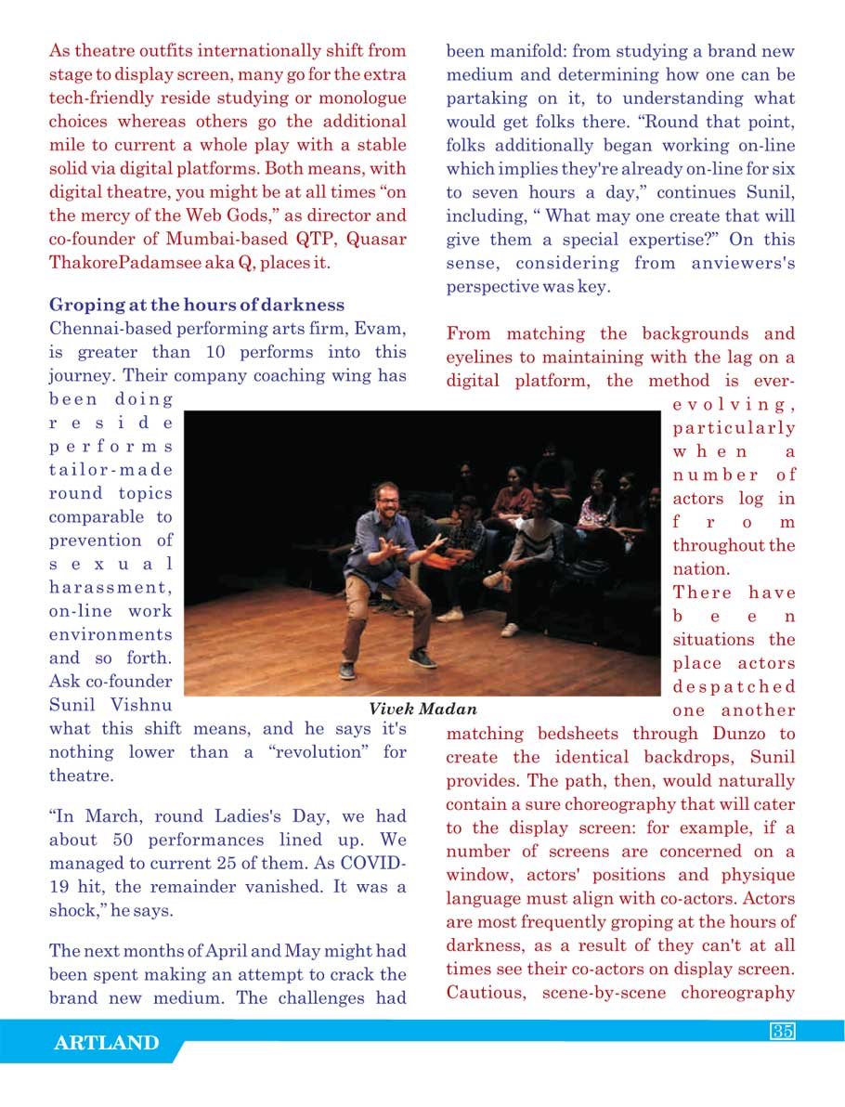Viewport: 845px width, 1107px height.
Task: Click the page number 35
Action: tap(782, 1032)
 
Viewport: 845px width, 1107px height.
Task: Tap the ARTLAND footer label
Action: tap(106, 1043)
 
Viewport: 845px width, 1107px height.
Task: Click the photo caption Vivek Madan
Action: tap(422, 710)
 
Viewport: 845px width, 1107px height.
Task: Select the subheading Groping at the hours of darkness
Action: tap(197, 305)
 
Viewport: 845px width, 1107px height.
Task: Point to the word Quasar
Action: tap(376, 240)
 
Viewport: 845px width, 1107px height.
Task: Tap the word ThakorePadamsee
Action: tap(117, 263)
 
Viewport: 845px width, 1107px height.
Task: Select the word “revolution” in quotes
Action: tap(311, 752)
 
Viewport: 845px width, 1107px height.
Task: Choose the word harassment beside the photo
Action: tap(110, 588)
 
